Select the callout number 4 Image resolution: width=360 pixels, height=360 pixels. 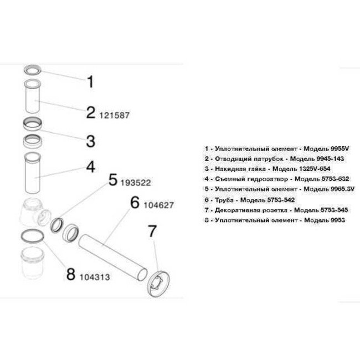(x=90, y=166)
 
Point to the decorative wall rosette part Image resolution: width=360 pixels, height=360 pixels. (x=157, y=276)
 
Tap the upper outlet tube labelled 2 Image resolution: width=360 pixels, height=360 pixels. (x=34, y=97)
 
